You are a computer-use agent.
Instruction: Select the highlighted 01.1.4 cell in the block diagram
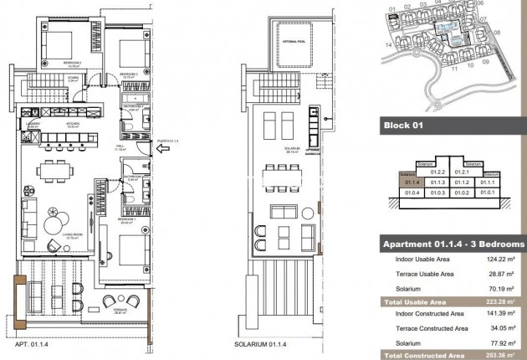click(x=411, y=181)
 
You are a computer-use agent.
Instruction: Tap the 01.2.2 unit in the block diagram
click(x=437, y=171)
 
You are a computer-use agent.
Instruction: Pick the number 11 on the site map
click(x=453, y=71)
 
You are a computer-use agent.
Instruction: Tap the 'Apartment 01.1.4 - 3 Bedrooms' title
click(x=453, y=244)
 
